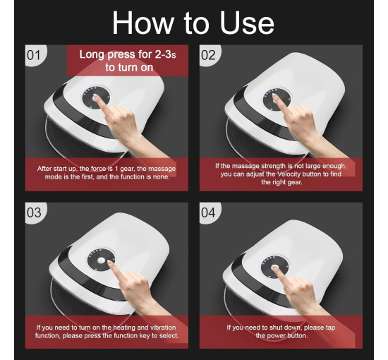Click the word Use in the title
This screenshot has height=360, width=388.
click(x=247, y=23)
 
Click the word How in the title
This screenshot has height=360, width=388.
click(x=143, y=23)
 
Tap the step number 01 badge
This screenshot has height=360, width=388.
click(x=35, y=55)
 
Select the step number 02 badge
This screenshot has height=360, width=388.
click(x=210, y=55)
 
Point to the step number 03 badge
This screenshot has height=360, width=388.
click(x=35, y=212)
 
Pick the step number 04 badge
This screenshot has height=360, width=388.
click(x=210, y=212)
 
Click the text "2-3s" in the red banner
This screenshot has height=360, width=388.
click(x=165, y=54)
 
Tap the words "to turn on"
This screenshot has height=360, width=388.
click(x=129, y=67)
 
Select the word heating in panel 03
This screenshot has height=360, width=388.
click(x=124, y=328)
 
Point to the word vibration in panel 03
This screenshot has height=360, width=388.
click(x=162, y=328)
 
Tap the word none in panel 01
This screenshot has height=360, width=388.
click(x=162, y=176)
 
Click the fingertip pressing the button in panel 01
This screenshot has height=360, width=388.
click(x=95, y=96)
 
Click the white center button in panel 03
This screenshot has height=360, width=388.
click(x=101, y=260)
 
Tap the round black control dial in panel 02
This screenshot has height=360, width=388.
click(x=277, y=100)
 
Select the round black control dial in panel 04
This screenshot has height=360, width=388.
click(x=275, y=267)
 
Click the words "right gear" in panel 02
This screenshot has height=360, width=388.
click(x=288, y=183)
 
